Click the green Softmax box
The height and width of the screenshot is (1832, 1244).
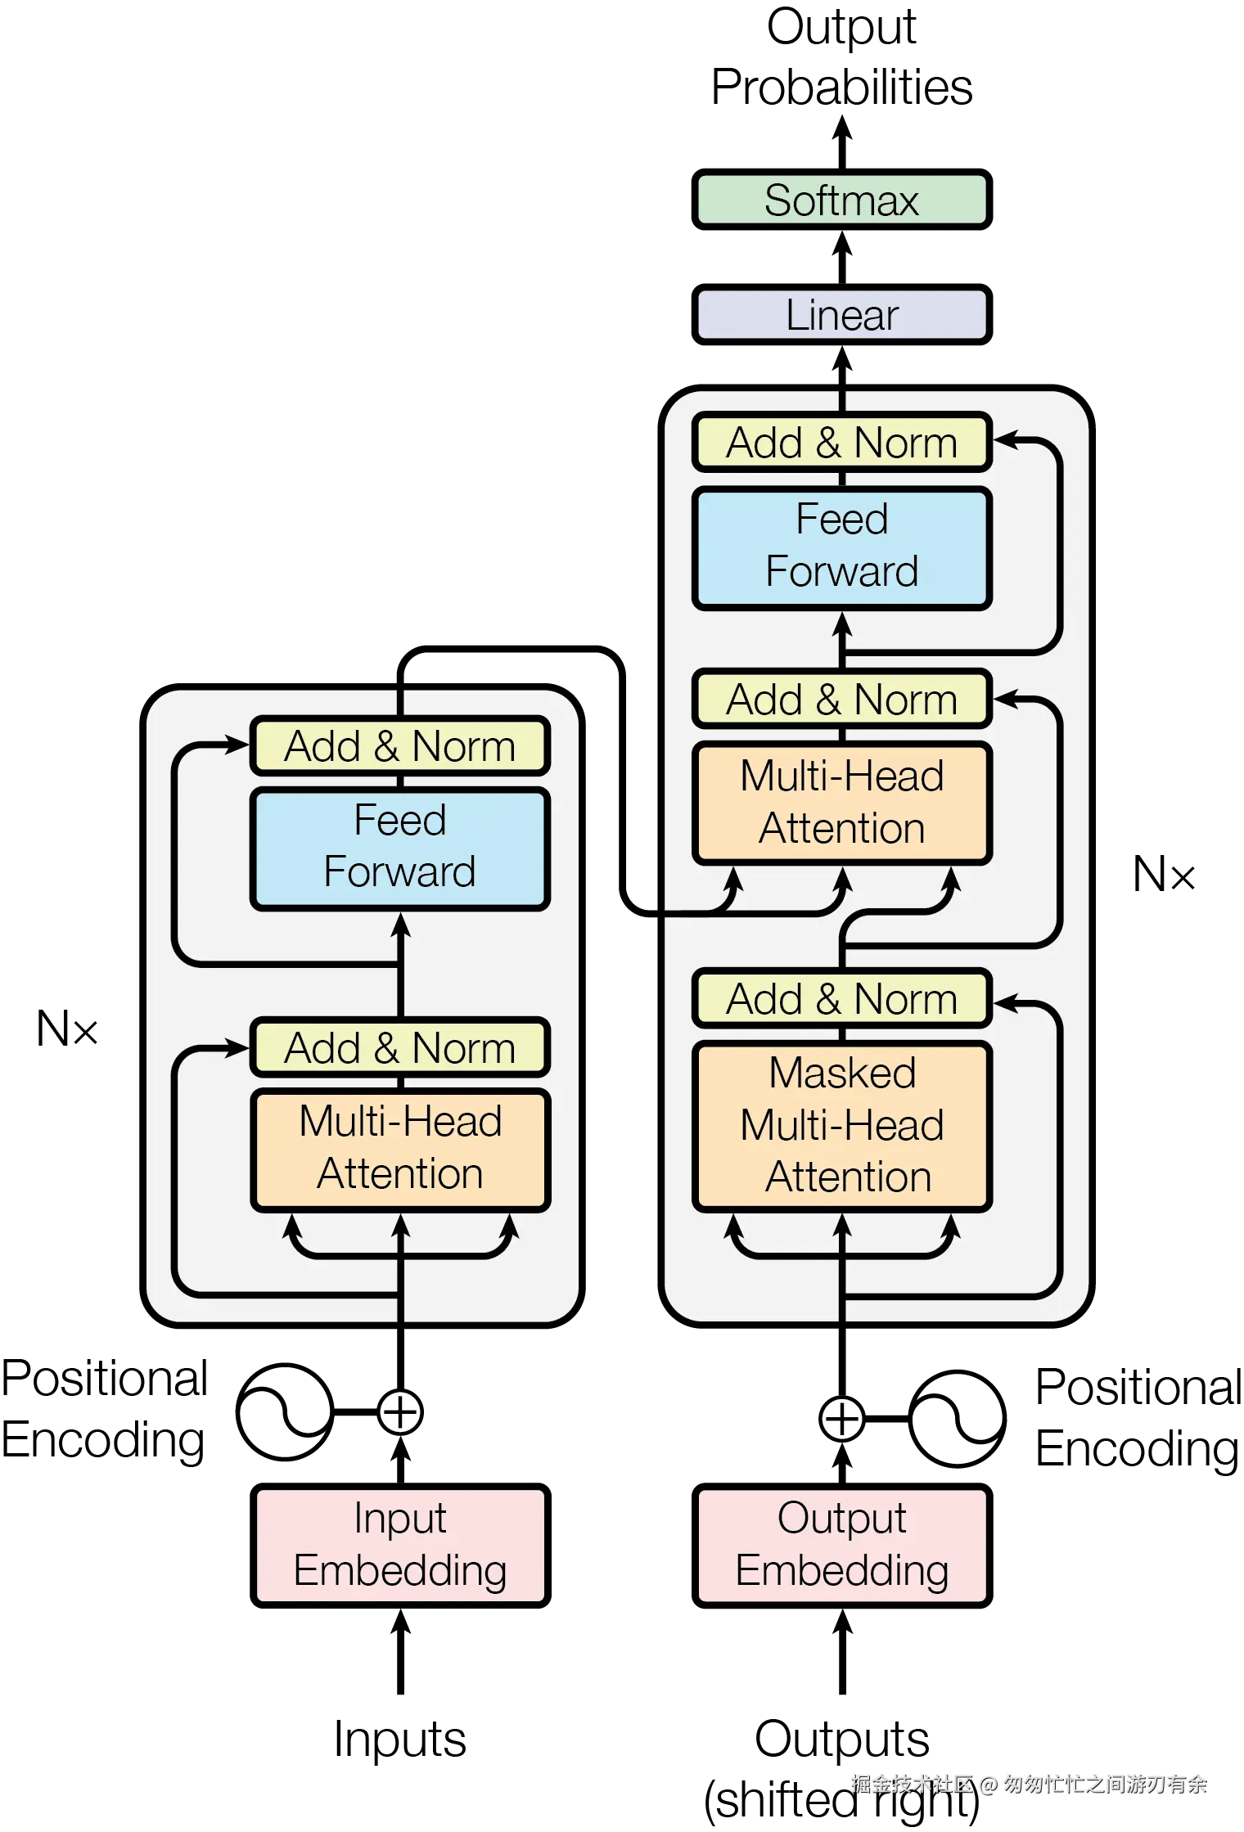tap(841, 200)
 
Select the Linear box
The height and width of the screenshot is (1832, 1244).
tap(841, 315)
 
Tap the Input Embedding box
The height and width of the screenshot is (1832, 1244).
tap(400, 1545)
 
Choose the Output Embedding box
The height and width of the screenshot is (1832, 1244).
tap(841, 1545)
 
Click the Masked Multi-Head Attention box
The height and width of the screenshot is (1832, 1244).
tap(841, 1126)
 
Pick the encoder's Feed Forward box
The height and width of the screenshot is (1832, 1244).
tap(400, 848)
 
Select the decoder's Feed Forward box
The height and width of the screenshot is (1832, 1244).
tap(841, 547)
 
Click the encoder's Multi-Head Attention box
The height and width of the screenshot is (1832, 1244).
tap(400, 1148)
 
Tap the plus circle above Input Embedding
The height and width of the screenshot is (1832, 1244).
tap(400, 1412)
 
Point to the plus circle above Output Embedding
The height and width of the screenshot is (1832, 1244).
tap(842, 1419)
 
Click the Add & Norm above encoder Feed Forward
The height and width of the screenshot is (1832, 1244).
tap(400, 745)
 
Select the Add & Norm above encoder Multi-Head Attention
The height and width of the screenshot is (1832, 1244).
tap(400, 1047)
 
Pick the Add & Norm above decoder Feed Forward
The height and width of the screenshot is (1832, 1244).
tap(841, 443)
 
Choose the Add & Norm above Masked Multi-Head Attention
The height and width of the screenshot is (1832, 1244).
tap(841, 999)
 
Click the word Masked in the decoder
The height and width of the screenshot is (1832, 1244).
tap(842, 1073)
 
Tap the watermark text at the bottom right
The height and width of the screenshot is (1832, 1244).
tap(1028, 1783)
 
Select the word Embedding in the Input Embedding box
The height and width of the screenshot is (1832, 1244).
tap(400, 1571)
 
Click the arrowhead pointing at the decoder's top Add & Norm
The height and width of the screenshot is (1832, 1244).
tap(1005, 440)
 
